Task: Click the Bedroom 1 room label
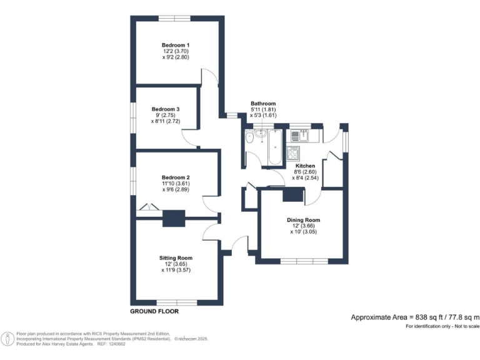(176, 45)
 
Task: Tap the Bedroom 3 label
(166, 109)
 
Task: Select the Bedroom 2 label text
(176, 177)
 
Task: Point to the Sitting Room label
(176, 257)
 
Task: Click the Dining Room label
(303, 220)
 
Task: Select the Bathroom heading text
(263, 104)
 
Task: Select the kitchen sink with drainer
(300, 134)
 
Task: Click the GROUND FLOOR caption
(154, 311)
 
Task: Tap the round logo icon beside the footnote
(7, 338)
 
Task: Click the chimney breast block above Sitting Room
(174, 219)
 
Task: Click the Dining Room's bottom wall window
(303, 260)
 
